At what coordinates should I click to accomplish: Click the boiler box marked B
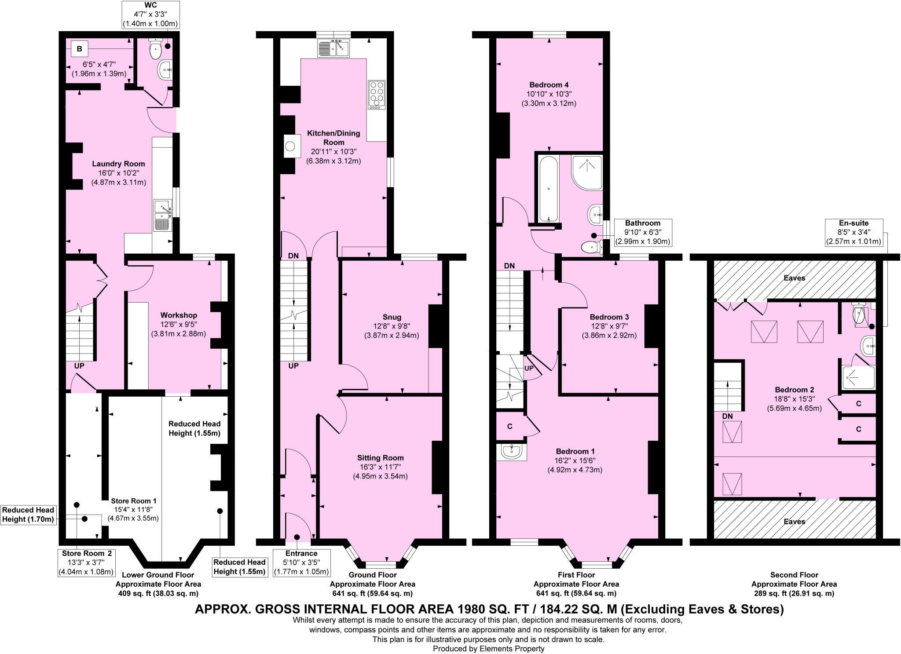tap(79, 49)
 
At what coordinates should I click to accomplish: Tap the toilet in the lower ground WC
tap(156, 49)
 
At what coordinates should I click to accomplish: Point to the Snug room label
tap(392, 317)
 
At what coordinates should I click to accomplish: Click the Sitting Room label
tap(381, 458)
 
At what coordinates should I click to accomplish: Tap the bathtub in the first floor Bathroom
tap(548, 189)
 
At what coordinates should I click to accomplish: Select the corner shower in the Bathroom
tap(587, 172)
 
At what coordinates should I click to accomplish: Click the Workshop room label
tap(179, 315)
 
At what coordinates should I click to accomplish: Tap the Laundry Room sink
tap(162, 216)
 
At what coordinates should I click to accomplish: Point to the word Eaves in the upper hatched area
tap(794, 278)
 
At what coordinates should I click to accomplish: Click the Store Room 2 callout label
tap(86, 563)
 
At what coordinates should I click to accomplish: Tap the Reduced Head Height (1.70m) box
tap(28, 515)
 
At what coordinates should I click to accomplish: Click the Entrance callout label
tap(301, 563)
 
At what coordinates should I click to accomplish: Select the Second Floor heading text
tap(794, 574)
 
